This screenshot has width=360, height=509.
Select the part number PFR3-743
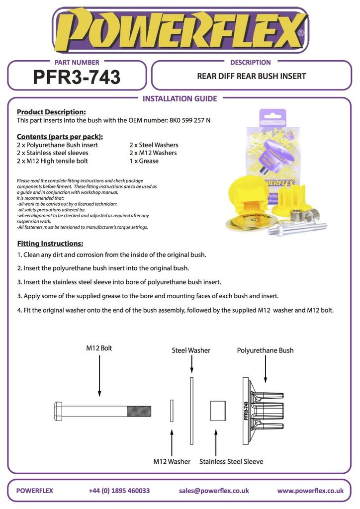tap(77, 77)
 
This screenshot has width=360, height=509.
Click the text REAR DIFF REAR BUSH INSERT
tap(251, 77)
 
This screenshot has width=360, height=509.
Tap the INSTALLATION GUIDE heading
tap(180, 98)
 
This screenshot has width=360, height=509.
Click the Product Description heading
tap(51, 112)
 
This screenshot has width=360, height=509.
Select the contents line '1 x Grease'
tap(144, 161)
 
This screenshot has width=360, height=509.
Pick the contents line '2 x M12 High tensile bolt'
tap(53, 161)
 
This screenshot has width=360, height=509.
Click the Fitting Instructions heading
tap(50, 244)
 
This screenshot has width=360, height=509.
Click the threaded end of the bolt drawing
tap(139, 411)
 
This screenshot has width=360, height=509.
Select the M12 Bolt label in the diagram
tap(99, 348)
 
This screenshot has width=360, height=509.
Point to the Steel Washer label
tap(191, 350)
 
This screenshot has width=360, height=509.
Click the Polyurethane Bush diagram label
tap(265, 350)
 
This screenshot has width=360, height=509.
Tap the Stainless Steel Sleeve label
tap(231, 461)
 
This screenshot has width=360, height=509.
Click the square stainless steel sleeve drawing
tap(218, 411)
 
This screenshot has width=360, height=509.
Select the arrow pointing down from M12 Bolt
tap(99, 375)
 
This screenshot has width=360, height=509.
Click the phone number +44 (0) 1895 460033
tap(119, 491)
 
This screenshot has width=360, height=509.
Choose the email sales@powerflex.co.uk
tap(214, 491)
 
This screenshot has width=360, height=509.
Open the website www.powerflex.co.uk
tap(310, 491)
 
